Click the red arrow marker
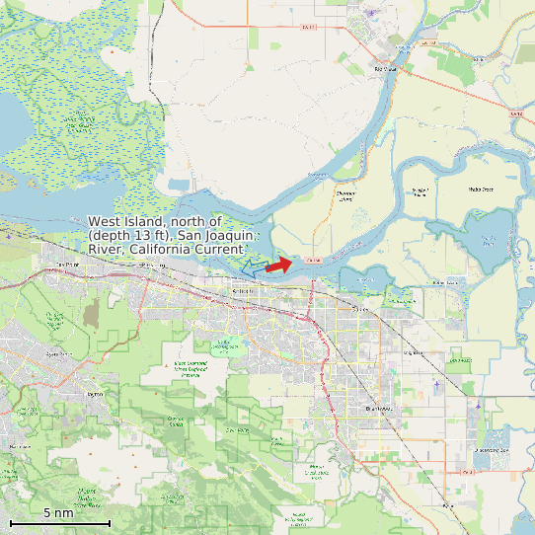[279, 265]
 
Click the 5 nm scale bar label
[58, 513]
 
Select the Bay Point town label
[67, 265]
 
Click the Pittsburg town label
[152, 266]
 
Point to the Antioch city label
[243, 291]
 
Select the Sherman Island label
[344, 195]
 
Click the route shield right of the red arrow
[314, 259]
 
